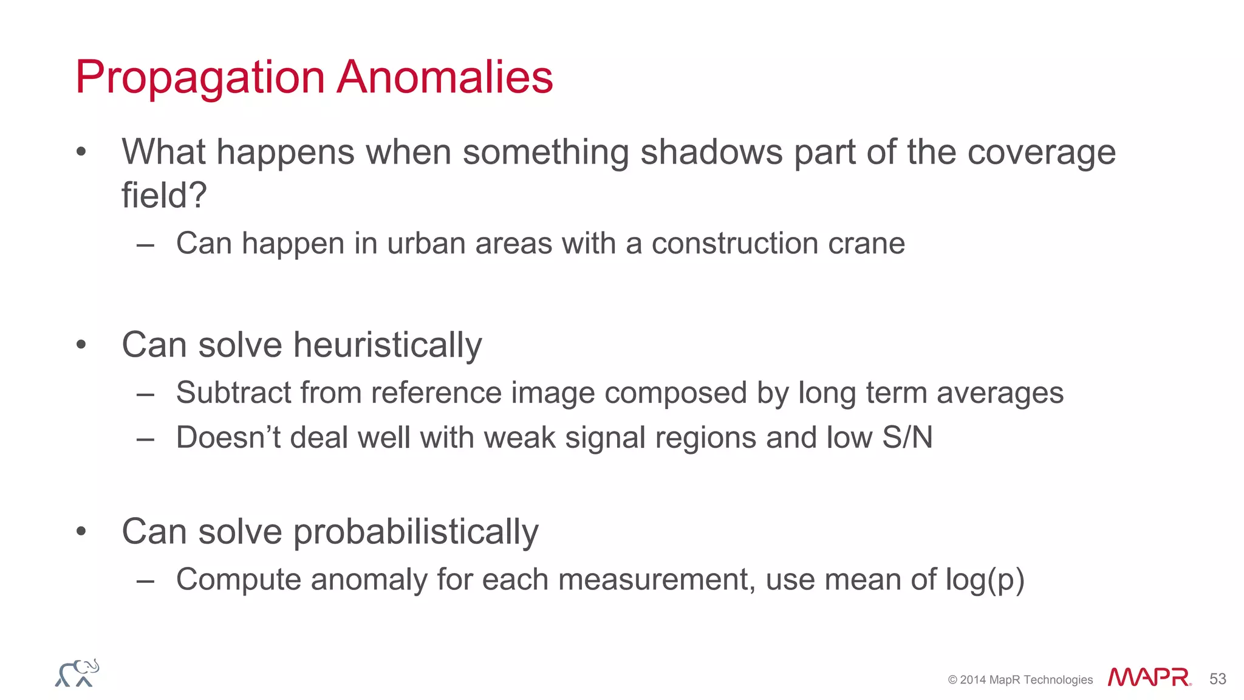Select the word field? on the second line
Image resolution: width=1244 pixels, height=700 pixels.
point(164,196)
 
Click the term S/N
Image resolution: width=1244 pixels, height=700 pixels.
point(907,437)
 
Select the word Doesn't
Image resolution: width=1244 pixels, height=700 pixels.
point(228,437)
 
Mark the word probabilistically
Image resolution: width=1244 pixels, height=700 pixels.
point(416,532)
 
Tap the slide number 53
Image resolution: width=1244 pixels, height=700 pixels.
point(1217,679)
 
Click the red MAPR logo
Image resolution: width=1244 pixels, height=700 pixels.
point(1149,677)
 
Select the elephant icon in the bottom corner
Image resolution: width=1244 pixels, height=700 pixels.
point(77,673)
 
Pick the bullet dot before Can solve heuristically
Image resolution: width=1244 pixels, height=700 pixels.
point(81,345)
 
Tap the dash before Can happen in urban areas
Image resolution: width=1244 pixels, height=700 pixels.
point(145,244)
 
